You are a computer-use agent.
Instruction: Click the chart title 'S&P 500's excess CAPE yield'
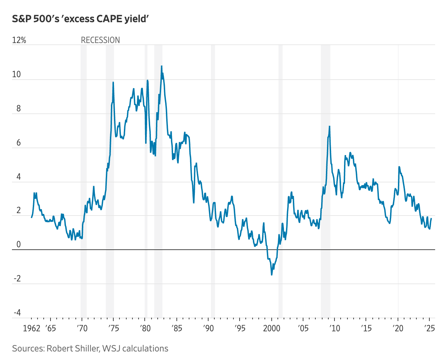click(x=81, y=19)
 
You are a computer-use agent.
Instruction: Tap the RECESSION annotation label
click(x=100, y=40)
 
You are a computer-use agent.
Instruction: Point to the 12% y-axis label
click(x=19, y=40)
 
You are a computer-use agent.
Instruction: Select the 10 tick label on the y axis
click(x=16, y=74)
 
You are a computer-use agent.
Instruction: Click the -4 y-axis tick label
click(x=17, y=313)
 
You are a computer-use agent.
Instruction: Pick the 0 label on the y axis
click(x=18, y=245)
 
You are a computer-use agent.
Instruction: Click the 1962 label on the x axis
click(x=31, y=329)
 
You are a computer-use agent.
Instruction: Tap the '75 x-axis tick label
click(x=113, y=329)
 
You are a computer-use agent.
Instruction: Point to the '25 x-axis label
click(x=429, y=329)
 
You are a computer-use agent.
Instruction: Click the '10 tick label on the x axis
click(x=334, y=329)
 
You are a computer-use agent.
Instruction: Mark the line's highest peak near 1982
click(x=161, y=66)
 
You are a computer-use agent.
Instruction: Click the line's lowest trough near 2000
click(x=272, y=275)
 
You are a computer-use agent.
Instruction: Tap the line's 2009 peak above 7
click(x=329, y=126)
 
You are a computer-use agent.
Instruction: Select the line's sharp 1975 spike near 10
click(x=113, y=82)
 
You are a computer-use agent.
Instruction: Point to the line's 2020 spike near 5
click(x=399, y=167)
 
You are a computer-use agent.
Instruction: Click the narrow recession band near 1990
click(x=213, y=181)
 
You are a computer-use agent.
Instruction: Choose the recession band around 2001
click(x=281, y=181)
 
